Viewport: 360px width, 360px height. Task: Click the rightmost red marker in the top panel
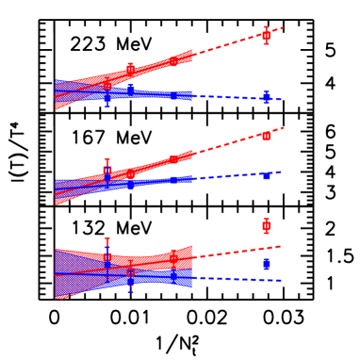[x=267, y=35]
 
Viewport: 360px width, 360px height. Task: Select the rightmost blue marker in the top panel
[x=267, y=97]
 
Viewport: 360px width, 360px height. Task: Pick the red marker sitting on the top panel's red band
[x=130, y=68]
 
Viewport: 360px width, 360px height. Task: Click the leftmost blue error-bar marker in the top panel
[x=107, y=95]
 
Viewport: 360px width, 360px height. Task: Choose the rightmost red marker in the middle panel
[x=267, y=136]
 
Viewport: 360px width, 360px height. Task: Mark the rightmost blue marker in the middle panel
[x=267, y=176]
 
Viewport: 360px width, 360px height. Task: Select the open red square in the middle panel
[x=107, y=172]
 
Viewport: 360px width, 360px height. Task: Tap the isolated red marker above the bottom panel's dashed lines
[x=267, y=225]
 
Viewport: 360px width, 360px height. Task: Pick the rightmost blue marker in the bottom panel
[x=267, y=264]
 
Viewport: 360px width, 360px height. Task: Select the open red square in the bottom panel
[x=130, y=273]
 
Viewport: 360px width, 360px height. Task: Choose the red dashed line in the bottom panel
[x=236, y=253]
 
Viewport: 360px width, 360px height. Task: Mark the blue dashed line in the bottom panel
[x=236, y=280]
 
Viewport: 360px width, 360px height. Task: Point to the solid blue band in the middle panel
[x=160, y=180]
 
